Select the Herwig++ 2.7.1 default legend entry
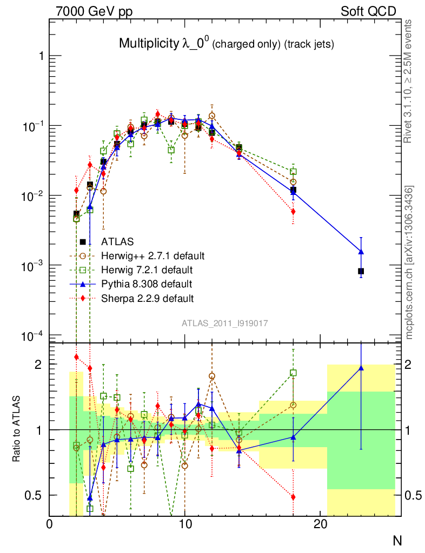click(x=152, y=256)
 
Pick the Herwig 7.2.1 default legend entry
click(x=147, y=269)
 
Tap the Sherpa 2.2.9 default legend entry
click(x=147, y=298)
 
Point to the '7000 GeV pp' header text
click(x=94, y=11)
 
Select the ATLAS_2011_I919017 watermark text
click(x=224, y=323)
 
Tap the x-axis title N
click(x=397, y=540)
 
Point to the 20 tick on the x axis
click(x=321, y=524)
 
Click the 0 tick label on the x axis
click(x=50, y=524)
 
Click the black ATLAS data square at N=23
click(x=361, y=271)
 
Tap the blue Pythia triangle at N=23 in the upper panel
click(x=361, y=252)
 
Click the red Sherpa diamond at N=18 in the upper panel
click(x=293, y=212)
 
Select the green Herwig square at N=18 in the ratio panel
click(x=293, y=373)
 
